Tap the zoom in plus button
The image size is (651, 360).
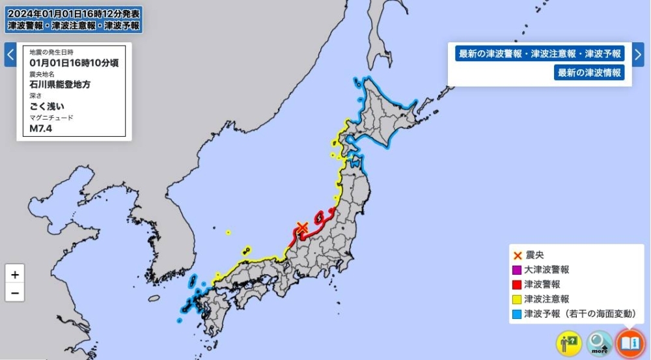click(x=14, y=273)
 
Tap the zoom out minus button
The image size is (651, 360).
click(x=14, y=293)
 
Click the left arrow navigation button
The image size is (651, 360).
click(x=10, y=55)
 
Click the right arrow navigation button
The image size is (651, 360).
click(x=639, y=55)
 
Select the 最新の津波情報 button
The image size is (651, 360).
click(x=589, y=72)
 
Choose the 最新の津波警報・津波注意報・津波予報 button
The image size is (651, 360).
click(x=540, y=54)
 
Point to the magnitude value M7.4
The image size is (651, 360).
click(x=41, y=128)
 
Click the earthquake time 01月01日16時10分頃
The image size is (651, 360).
click(x=74, y=62)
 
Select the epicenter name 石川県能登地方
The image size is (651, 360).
click(x=60, y=84)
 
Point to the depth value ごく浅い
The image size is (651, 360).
click(x=48, y=106)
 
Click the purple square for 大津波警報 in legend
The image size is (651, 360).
click(x=517, y=270)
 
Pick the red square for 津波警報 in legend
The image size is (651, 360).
click(x=517, y=284)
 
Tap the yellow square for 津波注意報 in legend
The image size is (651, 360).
click(x=517, y=299)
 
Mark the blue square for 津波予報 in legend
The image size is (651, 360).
click(x=517, y=314)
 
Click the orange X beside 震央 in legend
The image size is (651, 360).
click(x=517, y=255)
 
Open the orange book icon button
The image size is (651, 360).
click(x=630, y=343)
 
